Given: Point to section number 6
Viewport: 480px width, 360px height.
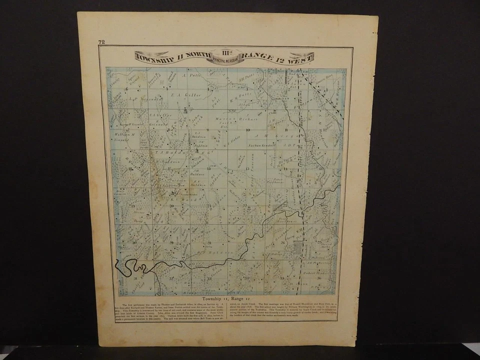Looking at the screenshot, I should click(127, 89).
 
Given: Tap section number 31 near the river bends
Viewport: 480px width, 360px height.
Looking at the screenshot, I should click(135, 275).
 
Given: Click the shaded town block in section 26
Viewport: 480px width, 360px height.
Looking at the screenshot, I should click(298, 246).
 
